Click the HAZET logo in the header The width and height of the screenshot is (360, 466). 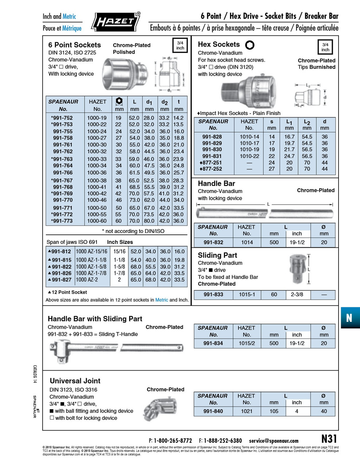(x=116, y=21)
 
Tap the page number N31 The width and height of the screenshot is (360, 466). (x=329, y=439)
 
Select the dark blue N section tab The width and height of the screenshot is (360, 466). (x=349, y=318)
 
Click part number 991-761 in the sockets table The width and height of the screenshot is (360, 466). (x=63, y=145)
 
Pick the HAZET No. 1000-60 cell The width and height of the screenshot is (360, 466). (x=97, y=221)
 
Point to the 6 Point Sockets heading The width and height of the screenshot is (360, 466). (x=75, y=45)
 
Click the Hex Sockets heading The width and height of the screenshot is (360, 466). (x=219, y=44)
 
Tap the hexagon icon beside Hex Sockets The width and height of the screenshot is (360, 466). (x=250, y=45)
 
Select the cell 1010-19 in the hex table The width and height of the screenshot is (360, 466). (x=249, y=149)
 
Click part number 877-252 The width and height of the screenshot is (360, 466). (x=212, y=169)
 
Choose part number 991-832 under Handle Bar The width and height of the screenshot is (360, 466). (x=213, y=242)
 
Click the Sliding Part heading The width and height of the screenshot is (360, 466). (x=217, y=255)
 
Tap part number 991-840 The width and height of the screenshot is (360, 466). (x=213, y=411)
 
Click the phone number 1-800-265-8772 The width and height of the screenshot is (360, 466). (x=173, y=441)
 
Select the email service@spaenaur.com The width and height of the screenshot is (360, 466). (x=273, y=441)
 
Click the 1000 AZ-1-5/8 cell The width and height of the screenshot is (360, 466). (x=91, y=266)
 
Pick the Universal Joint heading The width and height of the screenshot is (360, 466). (x=75, y=381)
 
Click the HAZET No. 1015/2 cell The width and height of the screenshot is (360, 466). (x=247, y=343)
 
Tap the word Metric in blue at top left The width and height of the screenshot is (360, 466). (x=69, y=16)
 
